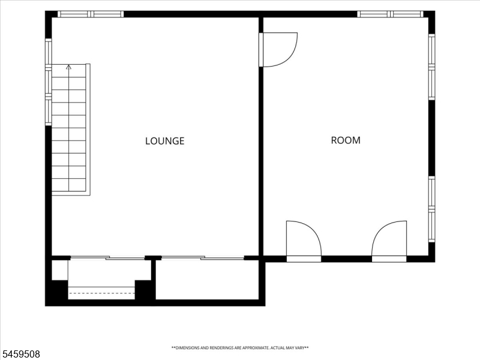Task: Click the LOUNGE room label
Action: pos(164,141)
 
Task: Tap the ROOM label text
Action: pos(346,140)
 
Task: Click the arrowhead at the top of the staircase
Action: pos(68,67)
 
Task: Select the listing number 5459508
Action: pos(20,354)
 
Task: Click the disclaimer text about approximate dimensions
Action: pos(240,348)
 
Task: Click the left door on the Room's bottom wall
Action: pos(304,241)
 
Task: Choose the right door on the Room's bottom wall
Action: pos(389,241)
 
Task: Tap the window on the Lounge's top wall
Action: pos(91,14)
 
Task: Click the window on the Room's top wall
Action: pos(391,14)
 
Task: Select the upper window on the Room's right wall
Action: pos(431,67)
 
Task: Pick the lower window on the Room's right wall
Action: pos(431,209)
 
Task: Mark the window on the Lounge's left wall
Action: pos(49,82)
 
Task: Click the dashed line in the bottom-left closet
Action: pos(101,293)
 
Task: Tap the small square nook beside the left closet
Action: pos(59,270)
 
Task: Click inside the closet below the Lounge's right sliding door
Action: pos(207,280)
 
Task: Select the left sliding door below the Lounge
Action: pos(107,258)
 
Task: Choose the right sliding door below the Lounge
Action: pos(203,258)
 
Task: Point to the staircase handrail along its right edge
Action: pos(88,129)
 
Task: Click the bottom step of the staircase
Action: pos(69,185)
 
